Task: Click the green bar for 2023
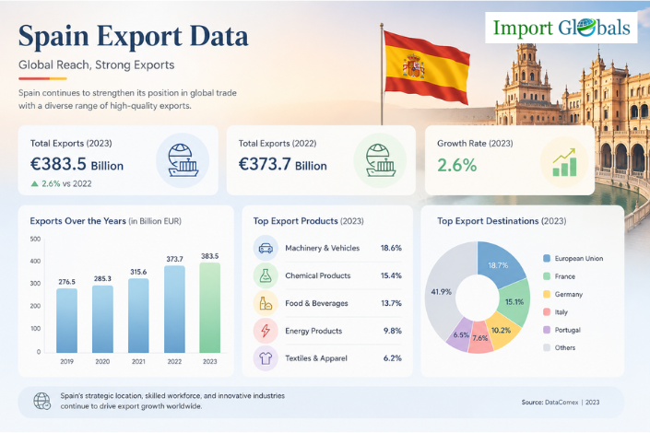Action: tap(210, 308)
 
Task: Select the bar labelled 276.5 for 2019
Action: tap(66, 321)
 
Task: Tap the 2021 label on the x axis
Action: tap(138, 361)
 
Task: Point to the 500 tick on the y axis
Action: tap(35, 239)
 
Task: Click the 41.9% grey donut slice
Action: tap(441, 292)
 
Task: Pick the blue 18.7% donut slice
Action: tap(500, 264)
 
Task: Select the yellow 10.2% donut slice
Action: tap(502, 330)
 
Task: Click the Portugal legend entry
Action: tap(562, 330)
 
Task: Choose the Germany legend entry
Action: tap(563, 294)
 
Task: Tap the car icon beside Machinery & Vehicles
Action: tap(266, 248)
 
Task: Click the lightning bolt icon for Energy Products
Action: tap(266, 331)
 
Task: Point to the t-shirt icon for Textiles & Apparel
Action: tap(266, 358)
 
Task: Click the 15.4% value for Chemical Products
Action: tap(391, 275)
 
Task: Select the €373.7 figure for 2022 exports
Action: tap(265, 164)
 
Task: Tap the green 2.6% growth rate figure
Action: tap(456, 165)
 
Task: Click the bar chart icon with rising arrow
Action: tap(564, 162)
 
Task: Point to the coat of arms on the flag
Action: tap(413, 66)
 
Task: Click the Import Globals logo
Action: tap(561, 28)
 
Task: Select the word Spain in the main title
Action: tap(53, 37)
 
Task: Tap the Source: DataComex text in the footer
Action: tap(550, 402)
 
